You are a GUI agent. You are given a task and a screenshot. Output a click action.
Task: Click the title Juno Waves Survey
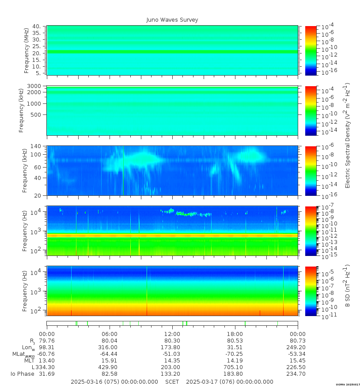(172, 20)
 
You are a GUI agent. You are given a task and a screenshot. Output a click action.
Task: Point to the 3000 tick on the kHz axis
(34, 86)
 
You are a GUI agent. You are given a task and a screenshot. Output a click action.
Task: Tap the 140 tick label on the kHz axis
(35, 146)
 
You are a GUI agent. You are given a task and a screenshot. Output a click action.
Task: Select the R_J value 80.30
(172, 341)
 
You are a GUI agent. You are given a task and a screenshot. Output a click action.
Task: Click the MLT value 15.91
(110, 361)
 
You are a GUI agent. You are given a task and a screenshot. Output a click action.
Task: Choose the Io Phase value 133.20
(172, 374)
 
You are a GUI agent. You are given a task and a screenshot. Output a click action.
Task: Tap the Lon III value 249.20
(297, 347)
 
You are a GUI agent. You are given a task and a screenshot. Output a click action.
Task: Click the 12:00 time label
(172, 334)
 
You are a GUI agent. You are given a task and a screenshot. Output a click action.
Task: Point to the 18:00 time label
(235, 334)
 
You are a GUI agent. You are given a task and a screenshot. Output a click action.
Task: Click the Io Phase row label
(23, 374)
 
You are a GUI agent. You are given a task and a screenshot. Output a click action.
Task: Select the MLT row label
(29, 361)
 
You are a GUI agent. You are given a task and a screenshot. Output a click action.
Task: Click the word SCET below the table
(172, 382)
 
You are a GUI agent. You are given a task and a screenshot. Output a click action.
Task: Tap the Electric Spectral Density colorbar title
(348, 135)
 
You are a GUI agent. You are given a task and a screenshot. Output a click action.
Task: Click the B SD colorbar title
(348, 286)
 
